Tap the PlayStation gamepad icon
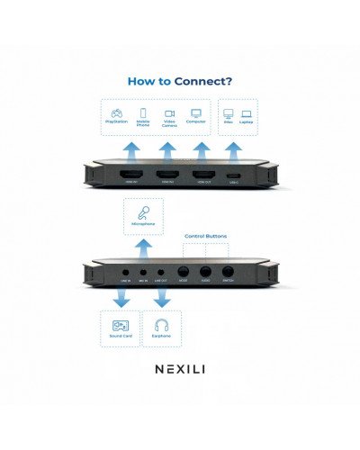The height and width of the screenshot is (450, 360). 116,113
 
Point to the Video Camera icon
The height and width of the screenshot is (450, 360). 168,113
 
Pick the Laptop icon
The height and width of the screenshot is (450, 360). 246,114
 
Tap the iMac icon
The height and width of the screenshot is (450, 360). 227,114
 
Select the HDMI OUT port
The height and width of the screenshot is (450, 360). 202,174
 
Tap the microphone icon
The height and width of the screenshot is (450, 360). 142,213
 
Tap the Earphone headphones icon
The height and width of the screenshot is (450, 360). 162,328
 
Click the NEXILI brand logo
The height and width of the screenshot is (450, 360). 180,369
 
